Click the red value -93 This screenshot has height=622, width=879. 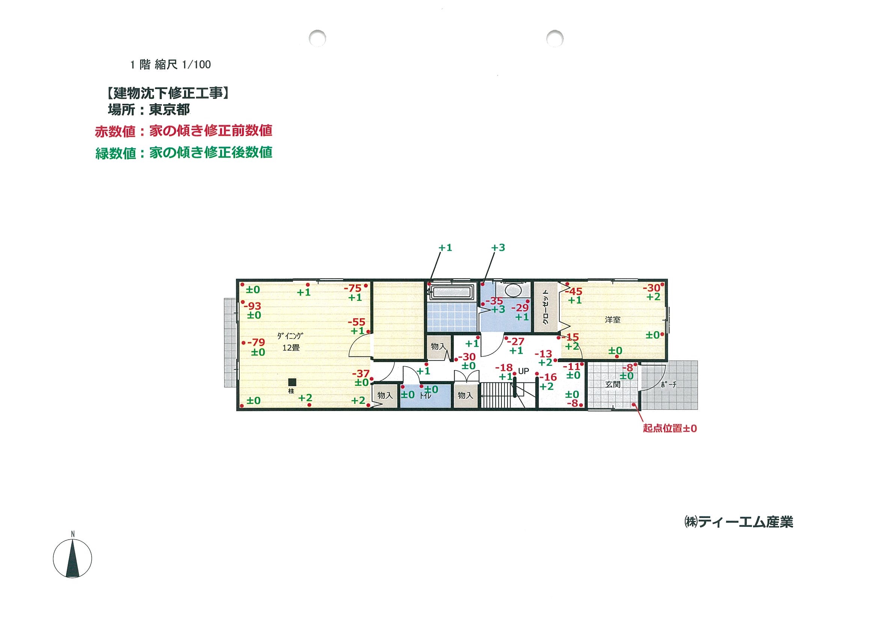click(x=252, y=306)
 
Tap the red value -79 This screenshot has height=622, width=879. click(x=256, y=342)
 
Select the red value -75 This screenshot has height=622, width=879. click(x=353, y=288)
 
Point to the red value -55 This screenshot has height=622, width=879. click(x=356, y=322)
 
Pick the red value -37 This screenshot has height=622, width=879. click(x=361, y=373)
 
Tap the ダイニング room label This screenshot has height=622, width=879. click(x=290, y=336)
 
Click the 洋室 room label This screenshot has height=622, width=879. click(x=613, y=320)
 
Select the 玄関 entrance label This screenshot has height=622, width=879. click(x=613, y=384)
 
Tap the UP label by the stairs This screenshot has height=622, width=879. click(x=523, y=371)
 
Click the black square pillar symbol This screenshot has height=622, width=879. click(x=293, y=382)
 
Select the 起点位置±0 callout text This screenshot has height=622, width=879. click(x=670, y=428)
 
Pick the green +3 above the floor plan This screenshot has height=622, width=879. click(x=498, y=247)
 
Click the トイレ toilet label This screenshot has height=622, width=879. click(x=425, y=396)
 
